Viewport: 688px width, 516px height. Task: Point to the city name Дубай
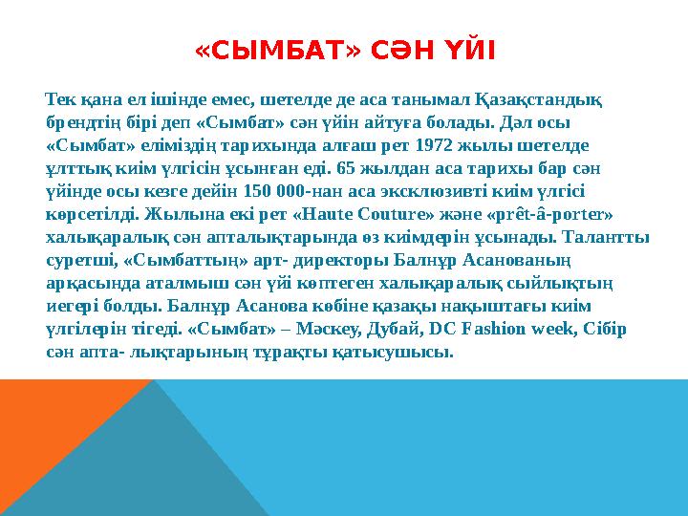[x=406, y=328]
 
